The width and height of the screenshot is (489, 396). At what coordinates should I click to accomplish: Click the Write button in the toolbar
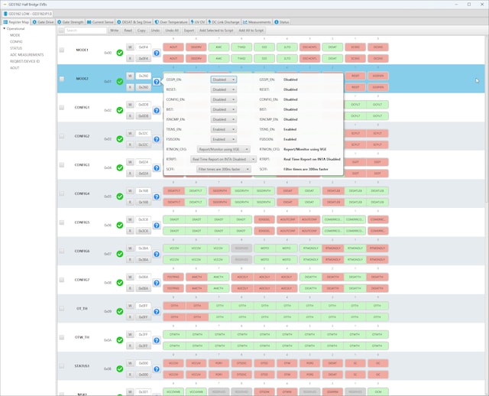(x=114, y=31)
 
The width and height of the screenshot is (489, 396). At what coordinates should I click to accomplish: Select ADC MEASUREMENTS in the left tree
(x=27, y=54)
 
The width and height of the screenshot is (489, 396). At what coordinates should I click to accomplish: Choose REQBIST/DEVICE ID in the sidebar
(x=26, y=61)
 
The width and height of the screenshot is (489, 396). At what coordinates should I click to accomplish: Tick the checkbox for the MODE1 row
(x=61, y=50)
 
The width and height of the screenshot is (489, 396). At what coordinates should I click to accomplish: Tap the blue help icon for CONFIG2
(x=156, y=140)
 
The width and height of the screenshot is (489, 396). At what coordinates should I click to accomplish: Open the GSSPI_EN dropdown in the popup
(x=224, y=79)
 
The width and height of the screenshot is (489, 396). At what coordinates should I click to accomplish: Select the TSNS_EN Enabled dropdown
(x=224, y=128)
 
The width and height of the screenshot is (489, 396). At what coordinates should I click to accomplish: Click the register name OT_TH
(x=83, y=308)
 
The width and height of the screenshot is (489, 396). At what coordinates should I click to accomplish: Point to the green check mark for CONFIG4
(x=119, y=196)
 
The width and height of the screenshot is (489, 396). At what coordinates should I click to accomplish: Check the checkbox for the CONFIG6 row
(x=61, y=252)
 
